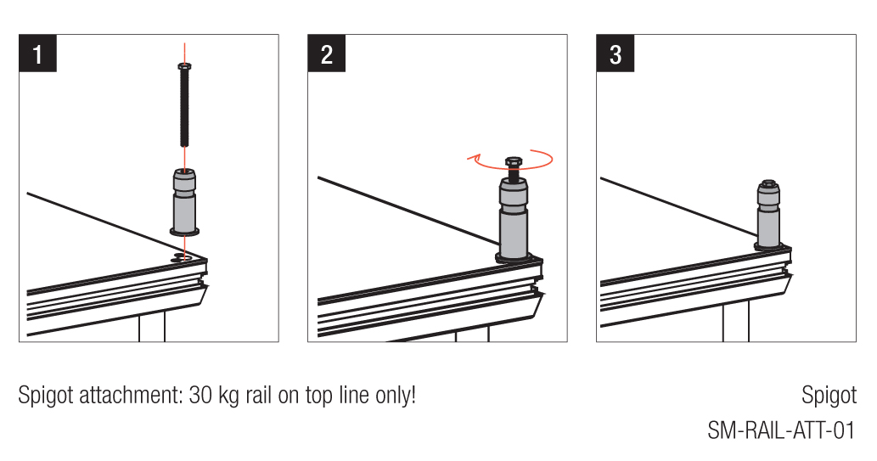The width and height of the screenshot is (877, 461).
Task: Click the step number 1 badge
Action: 37,53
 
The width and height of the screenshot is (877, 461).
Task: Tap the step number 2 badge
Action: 326,53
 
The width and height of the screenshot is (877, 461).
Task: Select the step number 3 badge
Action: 615,53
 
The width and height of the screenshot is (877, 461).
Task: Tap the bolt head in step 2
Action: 513,160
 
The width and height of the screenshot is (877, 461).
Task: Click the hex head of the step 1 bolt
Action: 184,66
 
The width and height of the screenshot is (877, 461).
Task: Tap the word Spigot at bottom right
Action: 829,395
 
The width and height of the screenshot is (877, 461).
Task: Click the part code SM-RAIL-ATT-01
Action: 781,430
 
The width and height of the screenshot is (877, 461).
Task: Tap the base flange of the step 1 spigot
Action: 184,230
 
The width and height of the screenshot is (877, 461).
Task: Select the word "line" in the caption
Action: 352,396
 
